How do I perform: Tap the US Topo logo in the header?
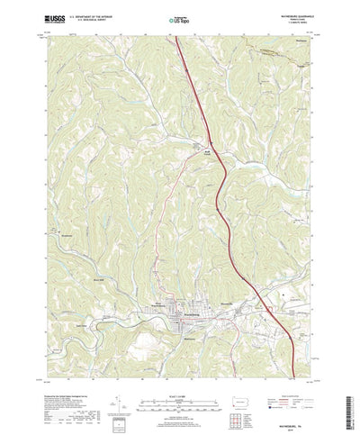pos(179,17)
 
